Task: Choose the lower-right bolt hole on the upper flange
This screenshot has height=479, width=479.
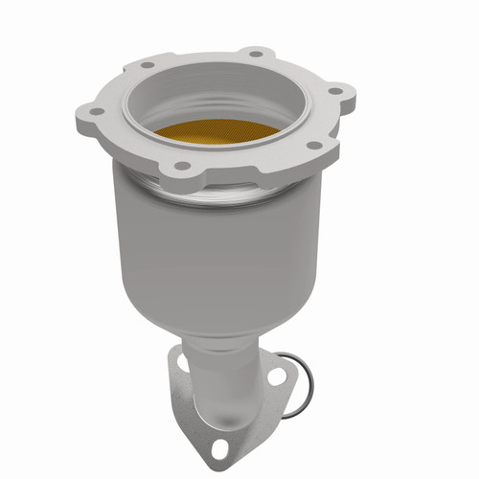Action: point(311,145)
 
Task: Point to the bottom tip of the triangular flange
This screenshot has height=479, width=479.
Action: point(227,462)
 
